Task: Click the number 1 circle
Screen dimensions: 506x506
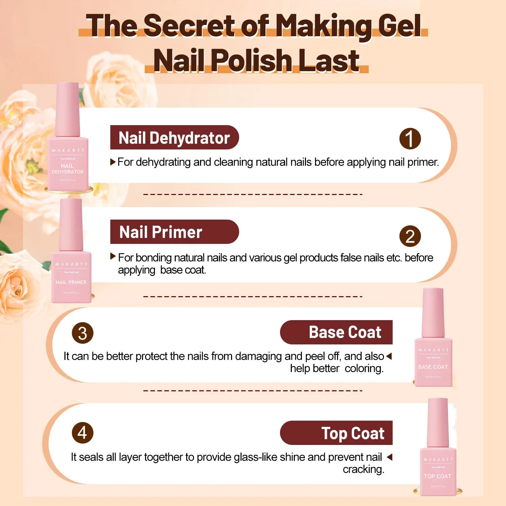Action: [x=410, y=139]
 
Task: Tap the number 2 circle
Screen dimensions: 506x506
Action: [x=410, y=236]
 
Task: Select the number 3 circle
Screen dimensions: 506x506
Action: [x=83, y=333]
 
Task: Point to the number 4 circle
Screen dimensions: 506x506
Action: [x=83, y=433]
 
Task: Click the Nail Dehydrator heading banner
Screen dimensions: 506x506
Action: [x=174, y=138]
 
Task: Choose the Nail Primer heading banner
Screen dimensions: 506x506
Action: [x=174, y=232]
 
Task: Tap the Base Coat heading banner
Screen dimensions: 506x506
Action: [x=336, y=332]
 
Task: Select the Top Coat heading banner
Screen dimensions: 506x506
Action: [x=336, y=433]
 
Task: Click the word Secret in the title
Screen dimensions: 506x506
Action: [x=189, y=26]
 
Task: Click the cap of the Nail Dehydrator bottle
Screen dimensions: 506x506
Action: [x=68, y=110]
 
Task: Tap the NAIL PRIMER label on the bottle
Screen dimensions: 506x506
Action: [x=71, y=282]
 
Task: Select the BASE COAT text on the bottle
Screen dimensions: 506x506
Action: [x=433, y=367]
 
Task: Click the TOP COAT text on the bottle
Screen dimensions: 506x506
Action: [x=438, y=476]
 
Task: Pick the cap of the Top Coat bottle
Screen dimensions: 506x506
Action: [x=438, y=422]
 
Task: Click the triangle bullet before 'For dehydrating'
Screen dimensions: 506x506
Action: [x=113, y=162]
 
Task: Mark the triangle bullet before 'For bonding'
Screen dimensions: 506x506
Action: [x=113, y=256]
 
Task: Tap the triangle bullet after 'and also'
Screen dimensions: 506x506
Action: [x=389, y=356]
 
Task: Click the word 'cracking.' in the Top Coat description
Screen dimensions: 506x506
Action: [x=363, y=469]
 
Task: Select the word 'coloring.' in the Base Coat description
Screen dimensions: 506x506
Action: [x=364, y=368]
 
